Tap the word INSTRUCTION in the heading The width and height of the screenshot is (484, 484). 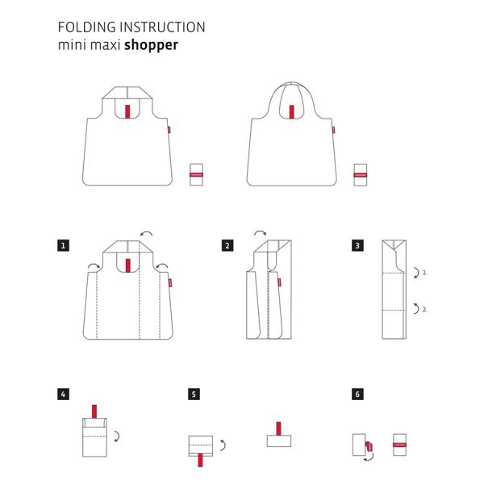coord(165,27)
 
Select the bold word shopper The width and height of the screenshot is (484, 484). coord(151,45)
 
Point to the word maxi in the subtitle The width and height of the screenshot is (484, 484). coord(104,45)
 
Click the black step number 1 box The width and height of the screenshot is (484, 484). coord(63,244)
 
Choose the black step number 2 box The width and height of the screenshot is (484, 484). coord(227,244)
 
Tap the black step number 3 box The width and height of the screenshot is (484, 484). coord(357,244)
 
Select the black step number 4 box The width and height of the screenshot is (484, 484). coord(63,394)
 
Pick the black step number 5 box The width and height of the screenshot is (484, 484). coord(193,394)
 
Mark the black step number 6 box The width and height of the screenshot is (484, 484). coord(357,394)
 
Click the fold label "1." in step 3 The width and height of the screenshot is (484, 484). coord(424,273)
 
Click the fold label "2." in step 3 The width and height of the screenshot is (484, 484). coord(424,308)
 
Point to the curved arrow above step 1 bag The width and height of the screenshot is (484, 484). coord(145,233)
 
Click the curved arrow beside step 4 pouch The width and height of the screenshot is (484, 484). coord(118,436)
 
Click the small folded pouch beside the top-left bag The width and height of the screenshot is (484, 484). coord(194,174)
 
